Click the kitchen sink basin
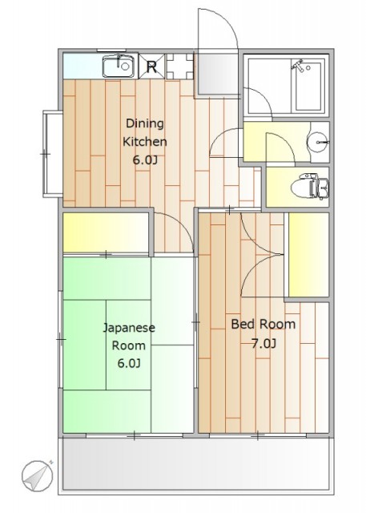(119, 67)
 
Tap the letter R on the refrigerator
(151, 67)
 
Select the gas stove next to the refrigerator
(179, 67)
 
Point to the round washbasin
(317, 143)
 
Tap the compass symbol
(38, 476)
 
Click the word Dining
(145, 123)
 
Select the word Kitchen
(145, 142)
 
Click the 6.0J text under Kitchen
(145, 160)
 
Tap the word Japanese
(129, 328)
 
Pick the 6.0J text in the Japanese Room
(130, 363)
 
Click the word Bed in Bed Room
(242, 324)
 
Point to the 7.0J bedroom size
(263, 344)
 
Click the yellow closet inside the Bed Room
(308, 255)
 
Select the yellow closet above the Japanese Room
(106, 232)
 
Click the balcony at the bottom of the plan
(196, 465)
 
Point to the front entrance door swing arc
(227, 18)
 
